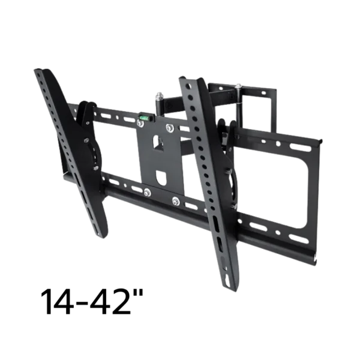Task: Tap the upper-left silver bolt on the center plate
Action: coord(140,124)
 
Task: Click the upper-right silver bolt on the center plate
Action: coord(169,128)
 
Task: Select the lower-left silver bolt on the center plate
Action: coord(148,193)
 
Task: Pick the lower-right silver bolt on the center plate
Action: coord(176,201)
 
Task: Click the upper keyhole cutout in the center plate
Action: coord(158,143)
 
